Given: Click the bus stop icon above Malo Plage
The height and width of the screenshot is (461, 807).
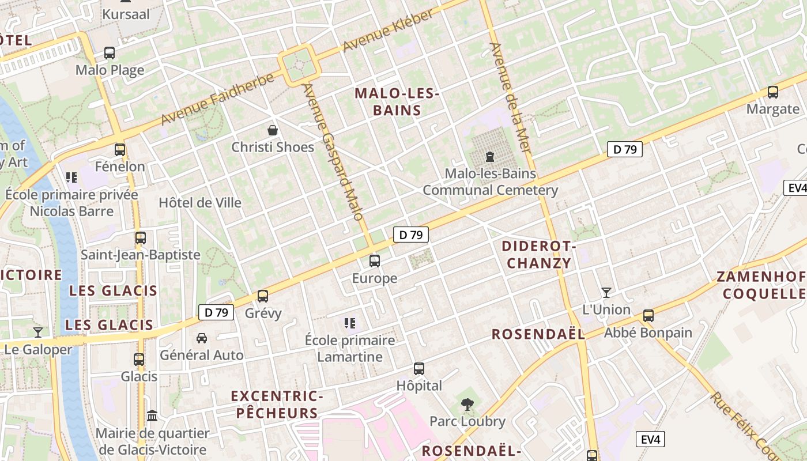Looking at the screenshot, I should [110, 53].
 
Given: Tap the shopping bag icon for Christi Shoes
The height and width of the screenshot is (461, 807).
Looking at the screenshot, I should [272, 131].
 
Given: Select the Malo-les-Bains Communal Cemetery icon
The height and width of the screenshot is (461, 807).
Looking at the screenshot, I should [490, 156].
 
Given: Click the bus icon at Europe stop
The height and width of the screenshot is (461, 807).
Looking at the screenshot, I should [375, 261].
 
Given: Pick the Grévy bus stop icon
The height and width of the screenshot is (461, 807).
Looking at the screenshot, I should [263, 296].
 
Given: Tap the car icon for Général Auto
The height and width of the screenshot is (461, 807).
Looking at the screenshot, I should [202, 338].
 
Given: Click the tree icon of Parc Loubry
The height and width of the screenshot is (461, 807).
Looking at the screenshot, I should [467, 405].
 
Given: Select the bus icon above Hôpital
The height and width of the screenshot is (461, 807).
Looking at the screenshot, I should [419, 369].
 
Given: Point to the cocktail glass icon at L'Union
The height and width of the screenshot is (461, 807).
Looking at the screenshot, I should [606, 293].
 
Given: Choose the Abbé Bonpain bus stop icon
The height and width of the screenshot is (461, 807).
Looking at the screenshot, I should [648, 316].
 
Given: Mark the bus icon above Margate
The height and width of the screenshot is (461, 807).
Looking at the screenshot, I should [773, 92].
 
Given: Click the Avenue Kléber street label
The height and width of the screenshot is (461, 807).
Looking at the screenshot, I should [387, 31].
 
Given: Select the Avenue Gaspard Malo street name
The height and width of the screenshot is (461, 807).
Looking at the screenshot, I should [333, 152].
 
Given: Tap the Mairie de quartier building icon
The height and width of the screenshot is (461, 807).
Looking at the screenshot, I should [152, 416].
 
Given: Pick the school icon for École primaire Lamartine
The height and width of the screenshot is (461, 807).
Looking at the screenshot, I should [350, 323].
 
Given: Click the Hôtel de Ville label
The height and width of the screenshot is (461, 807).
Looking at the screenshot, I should [200, 203].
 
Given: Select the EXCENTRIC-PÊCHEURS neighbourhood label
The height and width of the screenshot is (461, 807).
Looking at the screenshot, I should [277, 405].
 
